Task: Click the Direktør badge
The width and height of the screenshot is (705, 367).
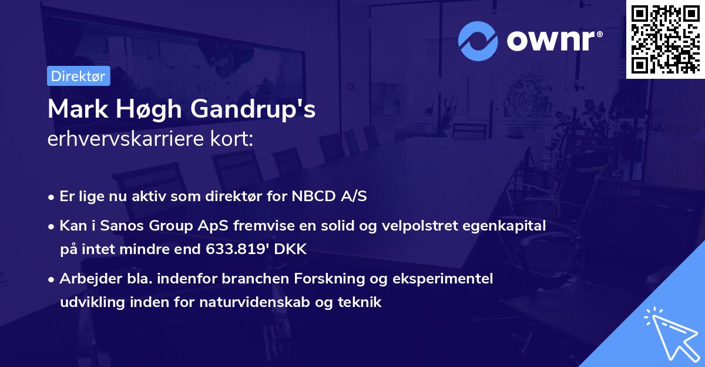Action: pos(78,76)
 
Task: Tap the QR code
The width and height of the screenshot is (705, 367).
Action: pos(666,39)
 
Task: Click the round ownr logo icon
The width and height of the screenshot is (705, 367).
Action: pos(479,41)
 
